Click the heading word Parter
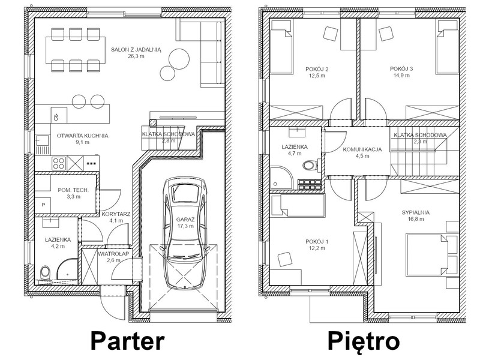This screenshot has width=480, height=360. tap(127, 341)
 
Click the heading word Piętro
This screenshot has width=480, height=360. tap(364, 341)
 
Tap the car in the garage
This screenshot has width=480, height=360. tap(185, 233)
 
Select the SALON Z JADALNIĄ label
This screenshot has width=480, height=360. tap(136, 50)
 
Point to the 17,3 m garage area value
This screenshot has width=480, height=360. tap(185, 226)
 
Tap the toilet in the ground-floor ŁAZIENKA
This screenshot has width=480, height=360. tap(44, 272)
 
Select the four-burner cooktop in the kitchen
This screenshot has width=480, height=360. tap(58, 163)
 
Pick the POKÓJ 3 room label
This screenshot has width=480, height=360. tap(401, 69)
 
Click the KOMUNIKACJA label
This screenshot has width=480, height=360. tap(362, 149)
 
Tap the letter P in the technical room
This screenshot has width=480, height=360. tap(43, 205)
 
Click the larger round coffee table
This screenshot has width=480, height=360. tap(179, 58)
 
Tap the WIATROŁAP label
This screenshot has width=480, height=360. tap(113, 254)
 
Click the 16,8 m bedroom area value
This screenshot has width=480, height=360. tap(415, 219)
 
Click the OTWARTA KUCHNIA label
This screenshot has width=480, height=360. tap(83, 136)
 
